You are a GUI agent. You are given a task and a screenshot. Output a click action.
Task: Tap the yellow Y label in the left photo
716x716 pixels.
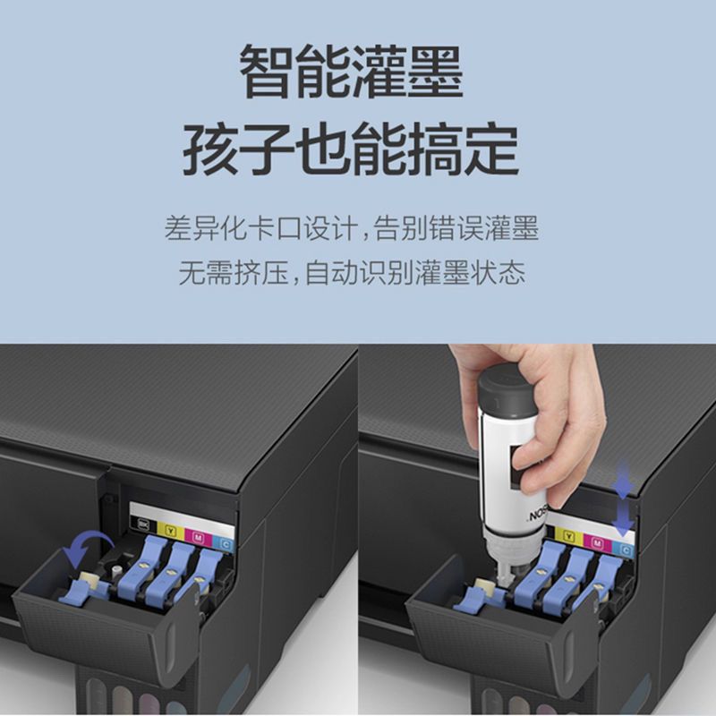(x=171, y=530)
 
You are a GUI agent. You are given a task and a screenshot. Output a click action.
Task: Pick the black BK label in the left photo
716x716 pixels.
(x=143, y=524)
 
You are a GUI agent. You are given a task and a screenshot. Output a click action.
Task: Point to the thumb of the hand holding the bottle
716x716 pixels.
(x=534, y=466)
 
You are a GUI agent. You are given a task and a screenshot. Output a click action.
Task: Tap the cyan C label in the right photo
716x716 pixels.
(x=625, y=550)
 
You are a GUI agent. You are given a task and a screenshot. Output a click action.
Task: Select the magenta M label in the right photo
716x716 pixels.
(x=598, y=542)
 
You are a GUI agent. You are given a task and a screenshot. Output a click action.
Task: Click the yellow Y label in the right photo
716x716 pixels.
(x=569, y=535)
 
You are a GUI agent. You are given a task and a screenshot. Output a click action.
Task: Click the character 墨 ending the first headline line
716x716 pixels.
(x=435, y=72)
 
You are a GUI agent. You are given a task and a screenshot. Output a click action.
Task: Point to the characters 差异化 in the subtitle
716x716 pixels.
(x=207, y=228)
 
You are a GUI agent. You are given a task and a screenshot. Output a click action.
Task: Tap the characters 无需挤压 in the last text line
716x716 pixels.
(x=234, y=273)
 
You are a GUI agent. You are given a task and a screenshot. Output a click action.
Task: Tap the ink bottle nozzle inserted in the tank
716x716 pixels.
(x=502, y=572)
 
